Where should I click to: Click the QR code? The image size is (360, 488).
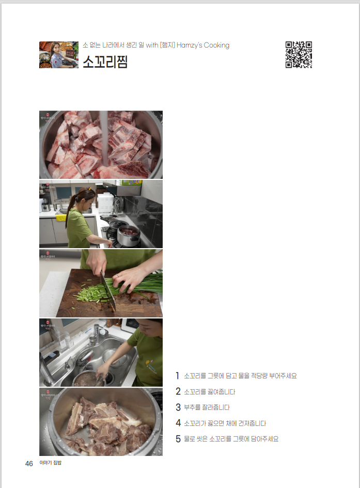tap(299, 54)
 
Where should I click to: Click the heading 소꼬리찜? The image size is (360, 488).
tap(105, 62)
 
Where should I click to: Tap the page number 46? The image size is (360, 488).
tap(29, 464)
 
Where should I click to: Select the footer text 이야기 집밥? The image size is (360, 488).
tap(51, 463)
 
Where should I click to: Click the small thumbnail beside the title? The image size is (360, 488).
tap(59, 55)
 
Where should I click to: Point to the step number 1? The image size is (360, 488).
tap(177, 376)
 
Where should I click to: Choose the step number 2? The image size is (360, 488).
tap(178, 391)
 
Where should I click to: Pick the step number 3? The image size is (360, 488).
tap(178, 407)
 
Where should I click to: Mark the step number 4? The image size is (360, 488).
tap(178, 423)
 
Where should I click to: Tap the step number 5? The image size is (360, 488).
tap(178, 439)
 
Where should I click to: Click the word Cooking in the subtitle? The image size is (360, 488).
tap(216, 45)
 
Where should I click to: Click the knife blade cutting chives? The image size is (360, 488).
tap(108, 292)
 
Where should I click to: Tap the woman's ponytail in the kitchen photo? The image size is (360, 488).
tap(71, 211)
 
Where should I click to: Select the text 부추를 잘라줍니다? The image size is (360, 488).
tap(207, 407)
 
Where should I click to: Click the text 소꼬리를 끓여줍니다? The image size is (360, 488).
tap(210, 391)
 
